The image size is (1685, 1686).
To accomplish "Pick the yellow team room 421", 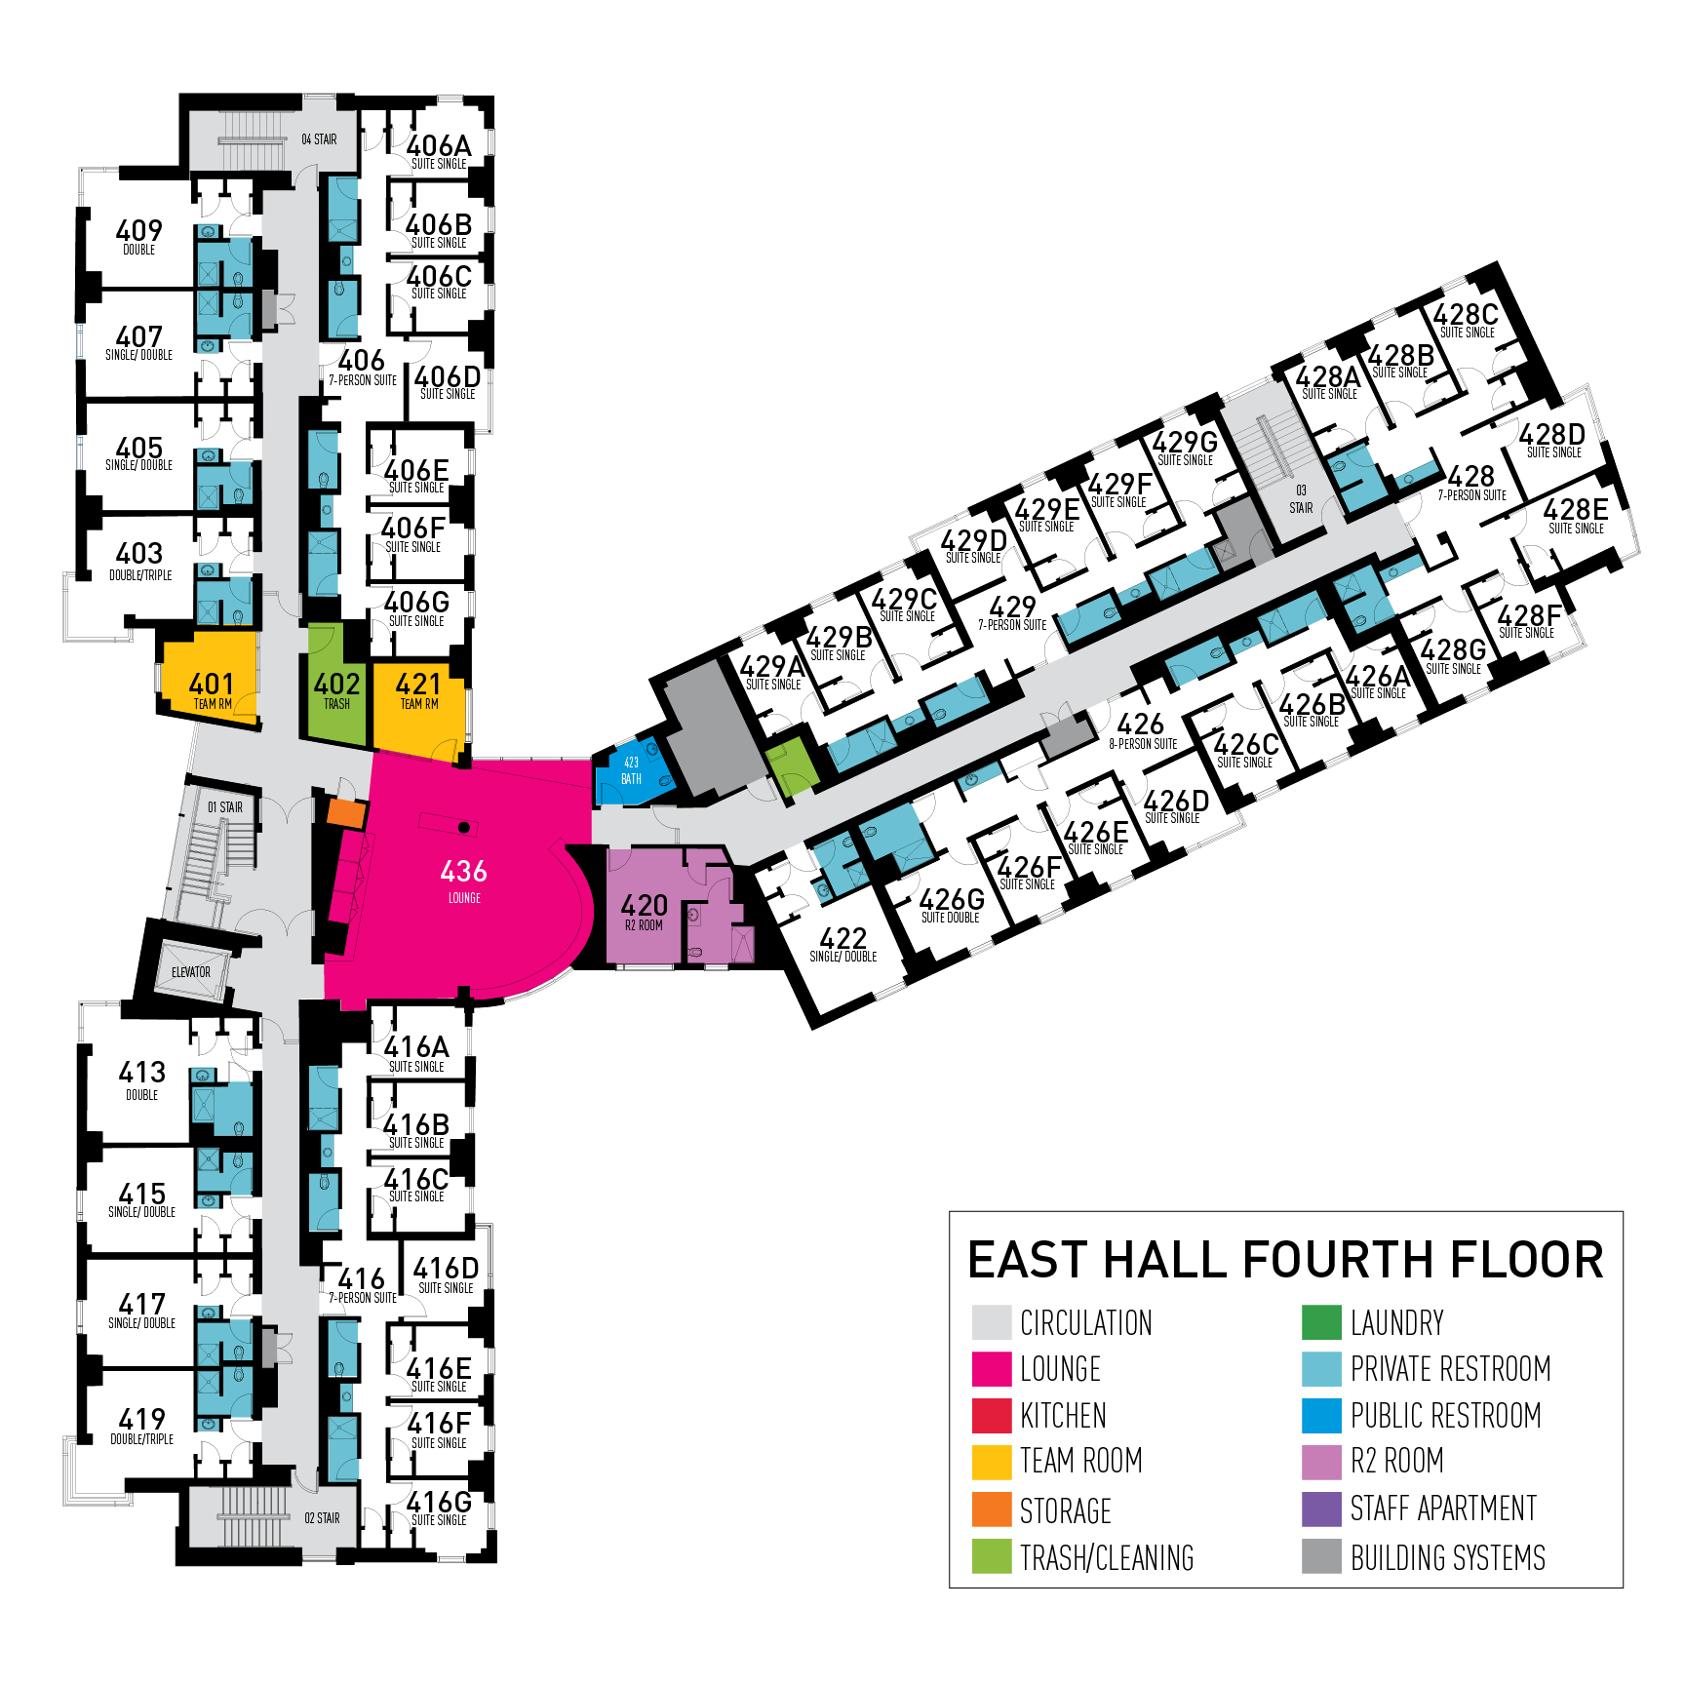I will pos(418,687).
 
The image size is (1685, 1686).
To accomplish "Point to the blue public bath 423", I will pos(631,771).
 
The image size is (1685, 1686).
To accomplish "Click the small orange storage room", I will pos(345,811).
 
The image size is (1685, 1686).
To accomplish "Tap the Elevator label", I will pos(190,972).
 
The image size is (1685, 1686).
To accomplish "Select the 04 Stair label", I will pos(319,139).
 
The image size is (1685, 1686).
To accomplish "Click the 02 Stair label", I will pos(322,1518).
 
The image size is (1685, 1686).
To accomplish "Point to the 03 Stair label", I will pos(1301,499).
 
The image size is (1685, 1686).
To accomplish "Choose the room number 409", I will pos(138,231).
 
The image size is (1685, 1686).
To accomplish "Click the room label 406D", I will pos(448,377).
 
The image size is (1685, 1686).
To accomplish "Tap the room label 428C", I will pos(1466,315).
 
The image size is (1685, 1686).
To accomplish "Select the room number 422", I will pos(843,939).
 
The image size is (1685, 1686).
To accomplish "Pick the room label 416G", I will pos(439,1502).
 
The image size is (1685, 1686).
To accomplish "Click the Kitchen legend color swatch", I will pos(992,1416).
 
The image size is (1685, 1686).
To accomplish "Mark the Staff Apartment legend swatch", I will pos(1321,1510).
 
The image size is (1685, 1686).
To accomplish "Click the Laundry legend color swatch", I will pos(1321,1322).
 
